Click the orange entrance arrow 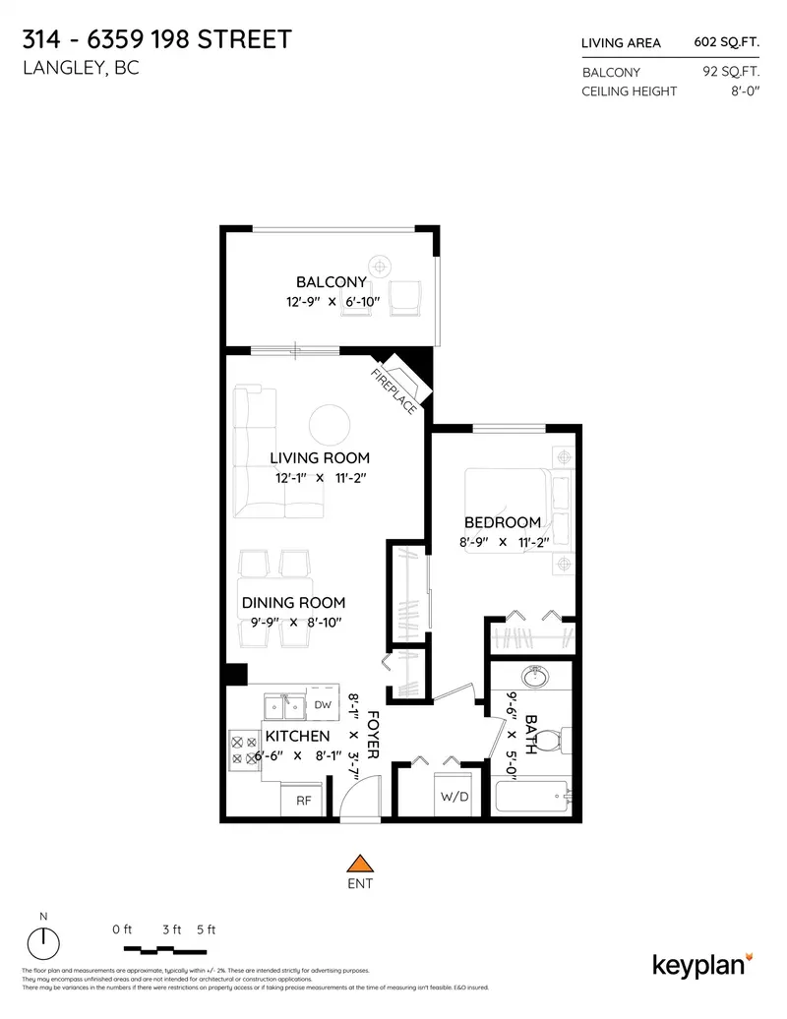click(362, 863)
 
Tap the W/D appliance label click(454, 796)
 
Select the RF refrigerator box click(303, 801)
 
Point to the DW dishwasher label click(323, 704)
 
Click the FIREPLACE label click(393, 390)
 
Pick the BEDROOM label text click(503, 521)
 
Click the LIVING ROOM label click(320, 457)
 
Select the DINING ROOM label click(293, 602)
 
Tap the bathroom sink click(535, 678)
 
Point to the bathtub click(531, 797)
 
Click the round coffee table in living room click(328, 425)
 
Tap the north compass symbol click(43, 943)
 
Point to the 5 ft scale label click(206, 929)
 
